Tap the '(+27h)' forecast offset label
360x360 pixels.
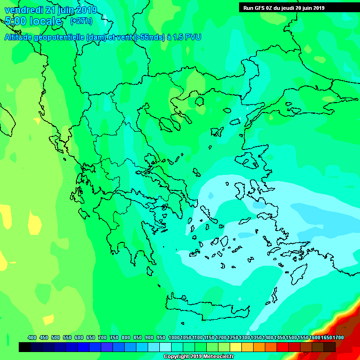[x=81, y=21]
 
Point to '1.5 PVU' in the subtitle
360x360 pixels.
[x=187, y=37]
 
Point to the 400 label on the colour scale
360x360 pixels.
[x=32, y=337]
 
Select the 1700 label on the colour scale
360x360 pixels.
[x=338, y=337]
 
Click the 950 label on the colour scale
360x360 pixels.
[x=161, y=337]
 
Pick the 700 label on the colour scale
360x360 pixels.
[x=103, y=337]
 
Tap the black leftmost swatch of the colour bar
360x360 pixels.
[x=25, y=347]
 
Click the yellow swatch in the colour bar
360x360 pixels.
[x=236, y=347]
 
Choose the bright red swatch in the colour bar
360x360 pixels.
[x=283, y=347]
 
